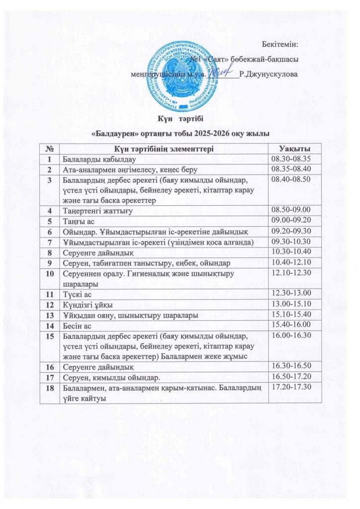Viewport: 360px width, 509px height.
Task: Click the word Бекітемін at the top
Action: click(279, 45)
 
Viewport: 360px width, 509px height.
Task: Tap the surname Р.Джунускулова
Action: click(269, 75)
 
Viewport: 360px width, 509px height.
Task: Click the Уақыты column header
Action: click(294, 149)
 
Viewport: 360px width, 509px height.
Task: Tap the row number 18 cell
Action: click(50, 388)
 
